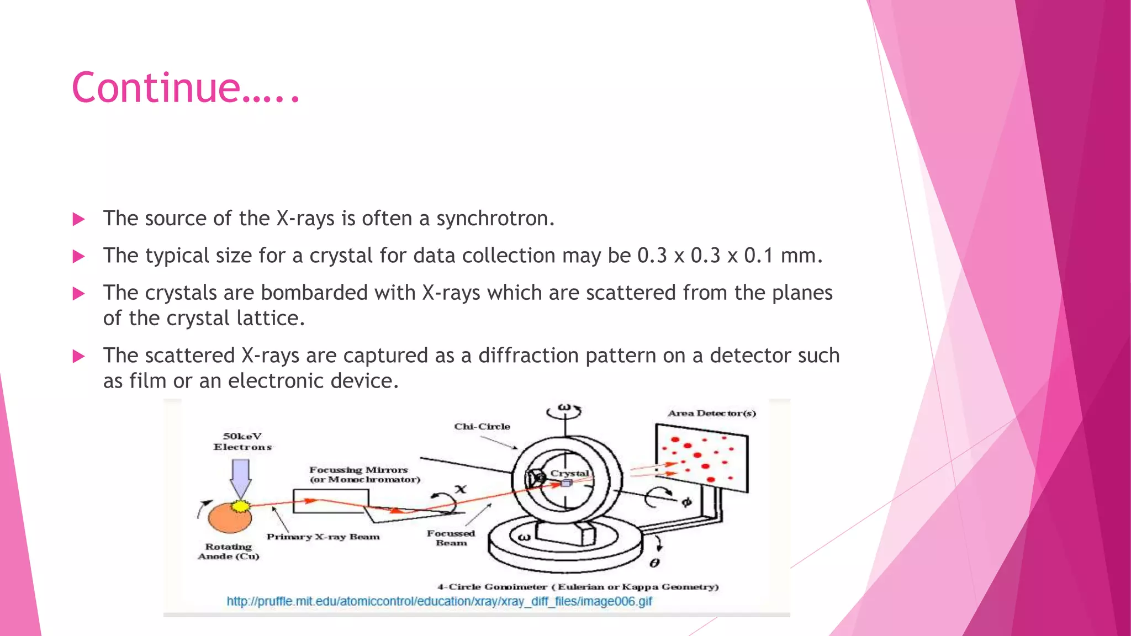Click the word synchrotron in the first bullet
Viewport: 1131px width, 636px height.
(x=494, y=219)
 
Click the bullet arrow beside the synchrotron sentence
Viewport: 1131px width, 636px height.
(x=78, y=219)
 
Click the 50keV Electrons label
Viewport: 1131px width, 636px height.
(x=242, y=442)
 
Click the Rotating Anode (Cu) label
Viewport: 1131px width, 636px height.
(x=228, y=551)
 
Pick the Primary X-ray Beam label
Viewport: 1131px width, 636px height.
(x=323, y=537)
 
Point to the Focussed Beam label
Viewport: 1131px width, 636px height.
(x=451, y=538)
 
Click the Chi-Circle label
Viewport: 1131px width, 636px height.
(x=482, y=427)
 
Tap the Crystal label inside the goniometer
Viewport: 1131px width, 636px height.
(x=570, y=473)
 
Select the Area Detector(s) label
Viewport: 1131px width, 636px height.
(x=711, y=413)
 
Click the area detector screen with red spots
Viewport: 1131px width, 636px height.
(x=701, y=458)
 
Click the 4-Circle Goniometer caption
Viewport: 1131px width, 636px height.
(x=578, y=587)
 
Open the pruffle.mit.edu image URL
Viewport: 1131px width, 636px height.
(x=439, y=601)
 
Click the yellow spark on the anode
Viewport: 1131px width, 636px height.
(x=240, y=506)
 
